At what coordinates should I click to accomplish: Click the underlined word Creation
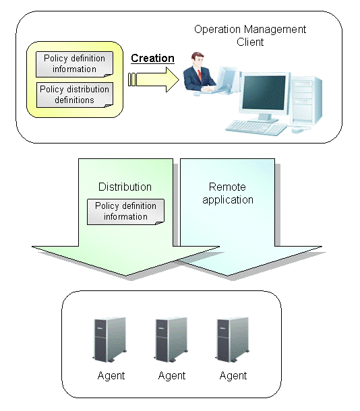pyautogui.click(x=152, y=58)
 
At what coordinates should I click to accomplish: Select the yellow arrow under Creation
pyautogui.click(x=154, y=80)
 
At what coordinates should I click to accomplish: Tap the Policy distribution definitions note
pyautogui.click(x=75, y=95)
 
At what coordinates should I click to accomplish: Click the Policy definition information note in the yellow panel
pyautogui.click(x=74, y=64)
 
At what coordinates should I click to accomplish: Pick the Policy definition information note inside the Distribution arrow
pyautogui.click(x=125, y=212)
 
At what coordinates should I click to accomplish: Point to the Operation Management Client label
pyautogui.click(x=250, y=36)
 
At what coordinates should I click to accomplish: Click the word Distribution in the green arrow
pyautogui.click(x=125, y=187)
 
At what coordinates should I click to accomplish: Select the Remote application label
pyautogui.click(x=228, y=193)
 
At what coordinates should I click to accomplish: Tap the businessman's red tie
pyautogui.click(x=200, y=75)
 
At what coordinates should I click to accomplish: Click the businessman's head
pyautogui.click(x=198, y=59)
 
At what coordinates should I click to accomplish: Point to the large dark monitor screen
pyautogui.click(x=264, y=92)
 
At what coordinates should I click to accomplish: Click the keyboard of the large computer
pyautogui.click(x=256, y=127)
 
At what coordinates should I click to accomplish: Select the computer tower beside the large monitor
pyautogui.click(x=305, y=100)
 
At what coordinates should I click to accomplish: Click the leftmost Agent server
pyautogui.click(x=109, y=340)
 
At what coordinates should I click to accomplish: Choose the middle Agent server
pyautogui.click(x=171, y=340)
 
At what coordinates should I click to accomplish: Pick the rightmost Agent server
pyautogui.click(x=232, y=340)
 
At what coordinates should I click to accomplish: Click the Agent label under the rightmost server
pyautogui.click(x=233, y=376)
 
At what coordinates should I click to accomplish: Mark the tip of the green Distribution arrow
pyautogui.click(x=125, y=276)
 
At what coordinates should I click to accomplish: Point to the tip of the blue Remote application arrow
pyautogui.click(x=227, y=276)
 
